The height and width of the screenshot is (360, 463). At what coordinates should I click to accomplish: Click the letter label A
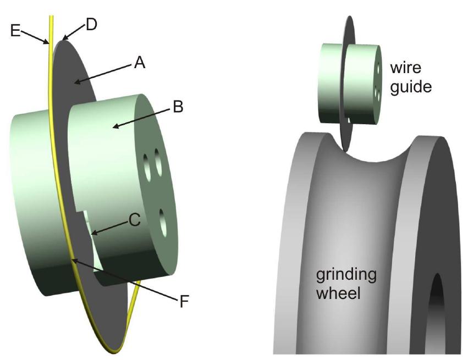[x=139, y=64]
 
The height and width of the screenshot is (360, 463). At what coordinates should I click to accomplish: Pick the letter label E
[x=15, y=31]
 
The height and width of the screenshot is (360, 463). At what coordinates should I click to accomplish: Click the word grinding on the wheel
[x=345, y=274]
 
